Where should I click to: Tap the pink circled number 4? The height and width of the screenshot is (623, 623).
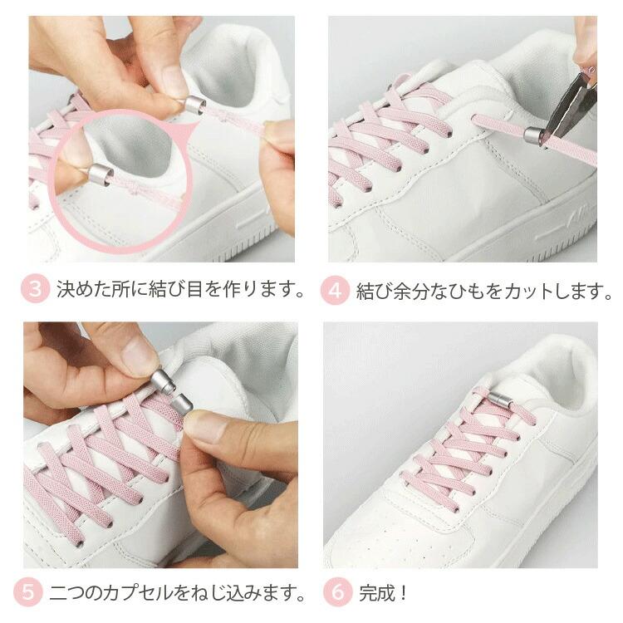tap(334, 292)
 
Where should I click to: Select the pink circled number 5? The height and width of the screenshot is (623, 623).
tap(30, 593)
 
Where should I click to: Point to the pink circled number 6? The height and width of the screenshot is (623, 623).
tap(336, 593)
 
